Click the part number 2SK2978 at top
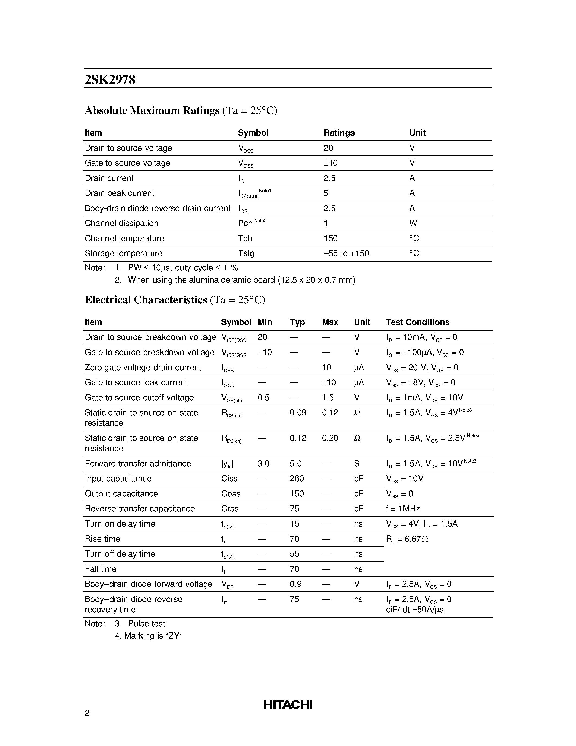pyautogui.click(x=110, y=79)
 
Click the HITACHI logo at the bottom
pyautogui.click(x=288, y=704)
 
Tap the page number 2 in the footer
pyautogui.click(x=87, y=713)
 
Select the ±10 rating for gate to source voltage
pyautogui.click(x=330, y=163)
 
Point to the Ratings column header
pyautogui.click(x=339, y=133)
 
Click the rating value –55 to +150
pyautogui.click(x=346, y=253)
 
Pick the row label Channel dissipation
pyautogui.click(x=121, y=223)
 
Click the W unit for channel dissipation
pyautogui.click(x=413, y=223)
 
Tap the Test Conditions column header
pyautogui.click(x=417, y=322)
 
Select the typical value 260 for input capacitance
pyautogui.click(x=297, y=478)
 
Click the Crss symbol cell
pyautogui.click(x=230, y=508)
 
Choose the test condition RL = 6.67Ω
pyautogui.click(x=407, y=539)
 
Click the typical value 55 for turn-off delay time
pyautogui.click(x=294, y=554)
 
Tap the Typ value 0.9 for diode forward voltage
pyautogui.click(x=295, y=584)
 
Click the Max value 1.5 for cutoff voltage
pyautogui.click(x=328, y=398)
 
